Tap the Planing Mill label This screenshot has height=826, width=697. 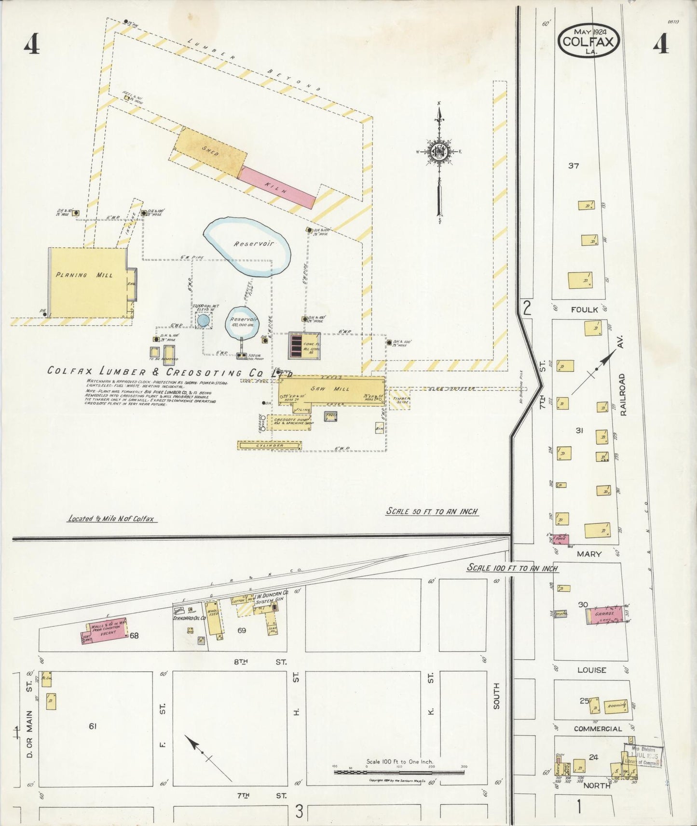click(x=84, y=275)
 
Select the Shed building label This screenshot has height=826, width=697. click(x=211, y=152)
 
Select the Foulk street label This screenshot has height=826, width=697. click(x=584, y=309)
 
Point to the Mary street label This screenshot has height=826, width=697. click(x=589, y=554)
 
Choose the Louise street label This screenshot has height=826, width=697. click(x=592, y=670)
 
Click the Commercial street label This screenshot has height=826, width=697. click(x=598, y=729)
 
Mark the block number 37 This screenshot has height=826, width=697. click(x=573, y=166)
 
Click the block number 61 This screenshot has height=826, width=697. click(x=93, y=726)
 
